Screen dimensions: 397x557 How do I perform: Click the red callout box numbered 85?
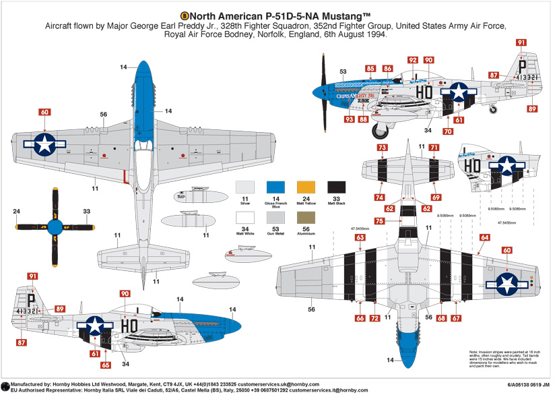[x=370, y=68]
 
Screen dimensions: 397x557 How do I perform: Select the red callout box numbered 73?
[x=382, y=147]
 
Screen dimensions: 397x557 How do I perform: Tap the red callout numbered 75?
[x=381, y=221]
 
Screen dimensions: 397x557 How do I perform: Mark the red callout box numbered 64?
[x=484, y=237]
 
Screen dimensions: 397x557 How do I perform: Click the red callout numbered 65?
[x=106, y=365]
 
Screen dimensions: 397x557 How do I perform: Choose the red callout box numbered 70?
[x=447, y=131]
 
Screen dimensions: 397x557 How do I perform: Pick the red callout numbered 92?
[x=412, y=60]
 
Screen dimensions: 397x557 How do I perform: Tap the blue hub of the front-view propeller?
[x=54, y=226]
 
